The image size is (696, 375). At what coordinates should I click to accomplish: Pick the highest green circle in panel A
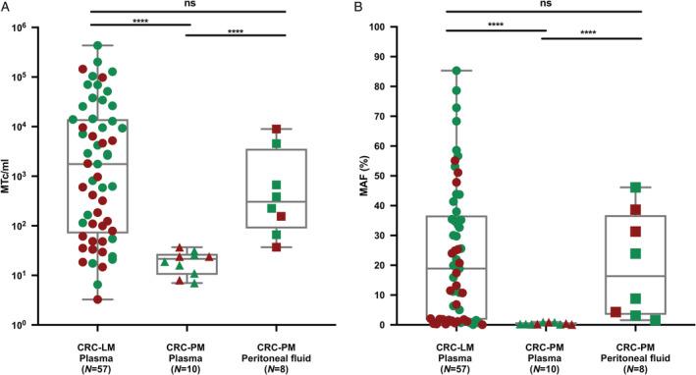[97, 45]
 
